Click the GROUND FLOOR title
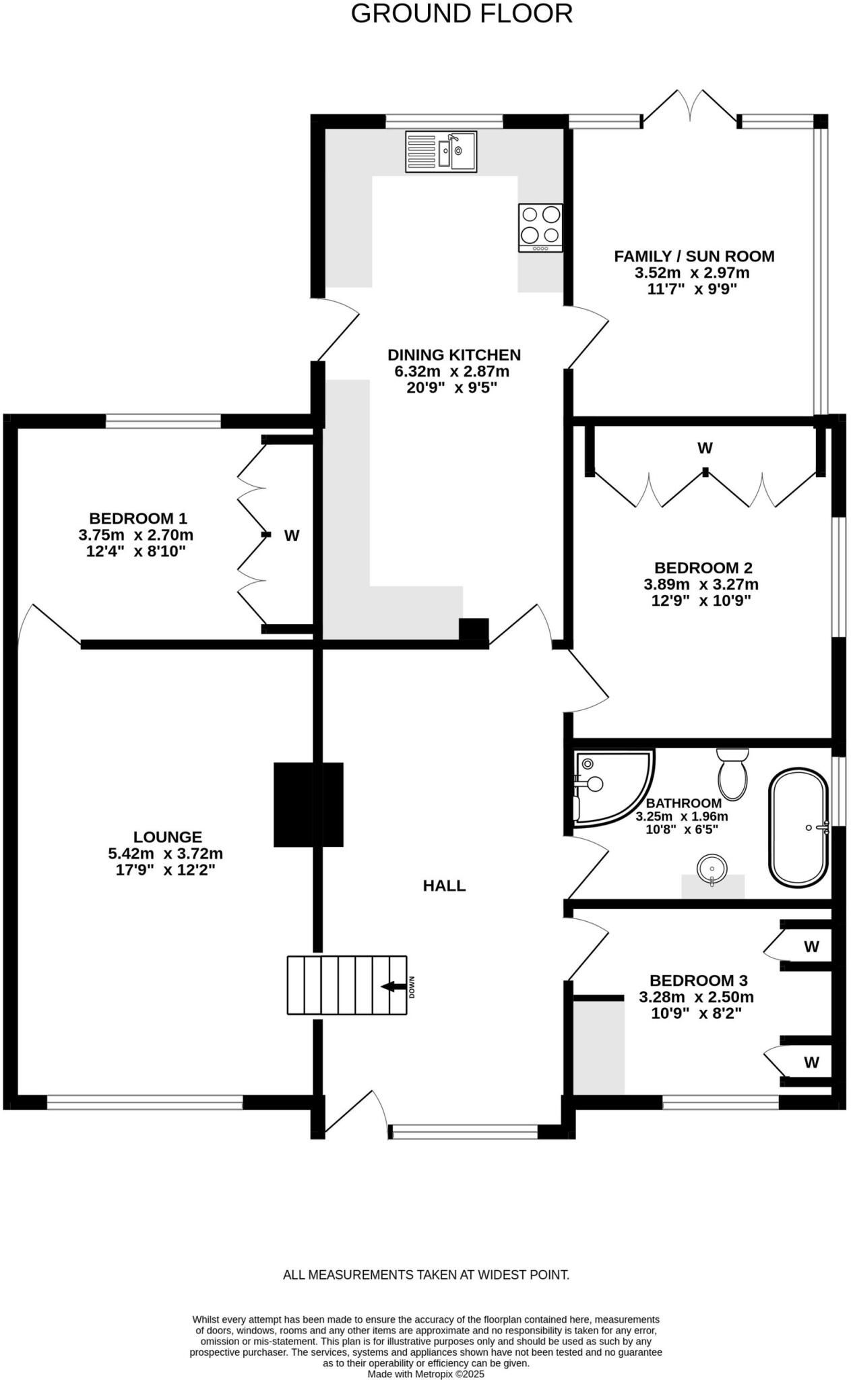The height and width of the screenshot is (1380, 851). (x=462, y=14)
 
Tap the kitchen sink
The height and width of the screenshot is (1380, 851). (x=441, y=152)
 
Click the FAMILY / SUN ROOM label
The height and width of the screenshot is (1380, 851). (x=694, y=256)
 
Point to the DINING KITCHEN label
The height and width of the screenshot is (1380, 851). (x=454, y=354)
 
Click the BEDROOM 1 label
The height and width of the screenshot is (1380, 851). (x=138, y=518)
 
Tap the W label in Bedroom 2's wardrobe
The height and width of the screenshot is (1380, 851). (x=705, y=448)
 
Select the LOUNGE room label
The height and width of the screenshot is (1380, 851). (x=167, y=837)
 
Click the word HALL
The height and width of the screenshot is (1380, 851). (x=444, y=885)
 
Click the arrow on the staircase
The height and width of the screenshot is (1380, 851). (x=389, y=986)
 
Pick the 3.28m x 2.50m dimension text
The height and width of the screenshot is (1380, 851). (x=696, y=997)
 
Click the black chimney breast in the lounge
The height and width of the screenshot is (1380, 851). (x=308, y=805)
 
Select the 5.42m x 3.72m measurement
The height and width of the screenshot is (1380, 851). (x=166, y=854)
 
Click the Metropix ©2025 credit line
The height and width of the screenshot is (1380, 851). (x=426, y=1374)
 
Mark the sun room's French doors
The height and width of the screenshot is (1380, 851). (x=690, y=108)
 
